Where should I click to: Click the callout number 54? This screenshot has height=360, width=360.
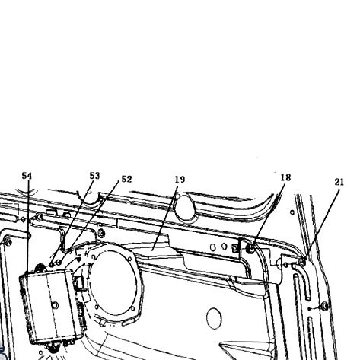click(x=27, y=176)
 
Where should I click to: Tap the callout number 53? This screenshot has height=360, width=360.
click(x=94, y=176)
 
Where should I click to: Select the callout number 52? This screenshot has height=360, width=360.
click(x=126, y=179)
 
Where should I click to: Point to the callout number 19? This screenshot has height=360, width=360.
click(x=180, y=180)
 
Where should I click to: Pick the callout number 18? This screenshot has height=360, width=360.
click(x=285, y=177)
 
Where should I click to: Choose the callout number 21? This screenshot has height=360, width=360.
click(x=339, y=182)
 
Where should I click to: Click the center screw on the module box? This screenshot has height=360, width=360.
click(x=55, y=305)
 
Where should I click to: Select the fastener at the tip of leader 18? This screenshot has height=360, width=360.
click(x=250, y=248)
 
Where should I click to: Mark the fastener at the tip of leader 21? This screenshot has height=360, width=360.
click(x=302, y=262)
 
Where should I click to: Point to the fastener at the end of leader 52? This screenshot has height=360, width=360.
click(x=59, y=263)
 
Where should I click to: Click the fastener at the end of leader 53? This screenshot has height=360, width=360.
click(x=52, y=265)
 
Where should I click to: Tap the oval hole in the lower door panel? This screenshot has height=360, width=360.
click(x=214, y=318)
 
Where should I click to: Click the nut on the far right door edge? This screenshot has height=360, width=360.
click(x=324, y=306)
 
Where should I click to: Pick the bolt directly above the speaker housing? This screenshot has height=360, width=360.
click(x=101, y=233)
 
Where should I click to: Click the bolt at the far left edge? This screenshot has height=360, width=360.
click(x=8, y=242)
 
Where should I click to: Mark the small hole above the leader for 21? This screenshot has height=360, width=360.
click(x=292, y=212)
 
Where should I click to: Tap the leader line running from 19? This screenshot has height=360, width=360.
click(x=164, y=218)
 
